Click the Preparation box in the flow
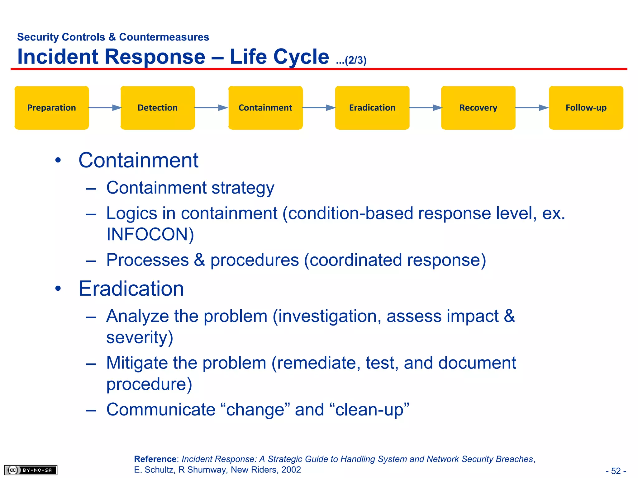coord(52,108)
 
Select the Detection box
coord(158,108)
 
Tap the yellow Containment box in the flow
coord(265,108)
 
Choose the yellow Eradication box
coord(372,108)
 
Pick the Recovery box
coord(478,108)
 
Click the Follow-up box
coord(586,108)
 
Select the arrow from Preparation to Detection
coord(105,108)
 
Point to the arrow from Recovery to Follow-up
coord(532,108)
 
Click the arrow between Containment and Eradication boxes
coord(319,108)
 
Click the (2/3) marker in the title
coord(355,60)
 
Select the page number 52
coord(616,471)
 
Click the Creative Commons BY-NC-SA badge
coord(31,470)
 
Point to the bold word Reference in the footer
coord(155,459)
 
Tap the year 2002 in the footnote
coord(291,470)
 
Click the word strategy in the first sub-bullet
coord(243,188)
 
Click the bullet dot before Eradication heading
coord(58,288)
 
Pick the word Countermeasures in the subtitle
coord(164,37)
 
